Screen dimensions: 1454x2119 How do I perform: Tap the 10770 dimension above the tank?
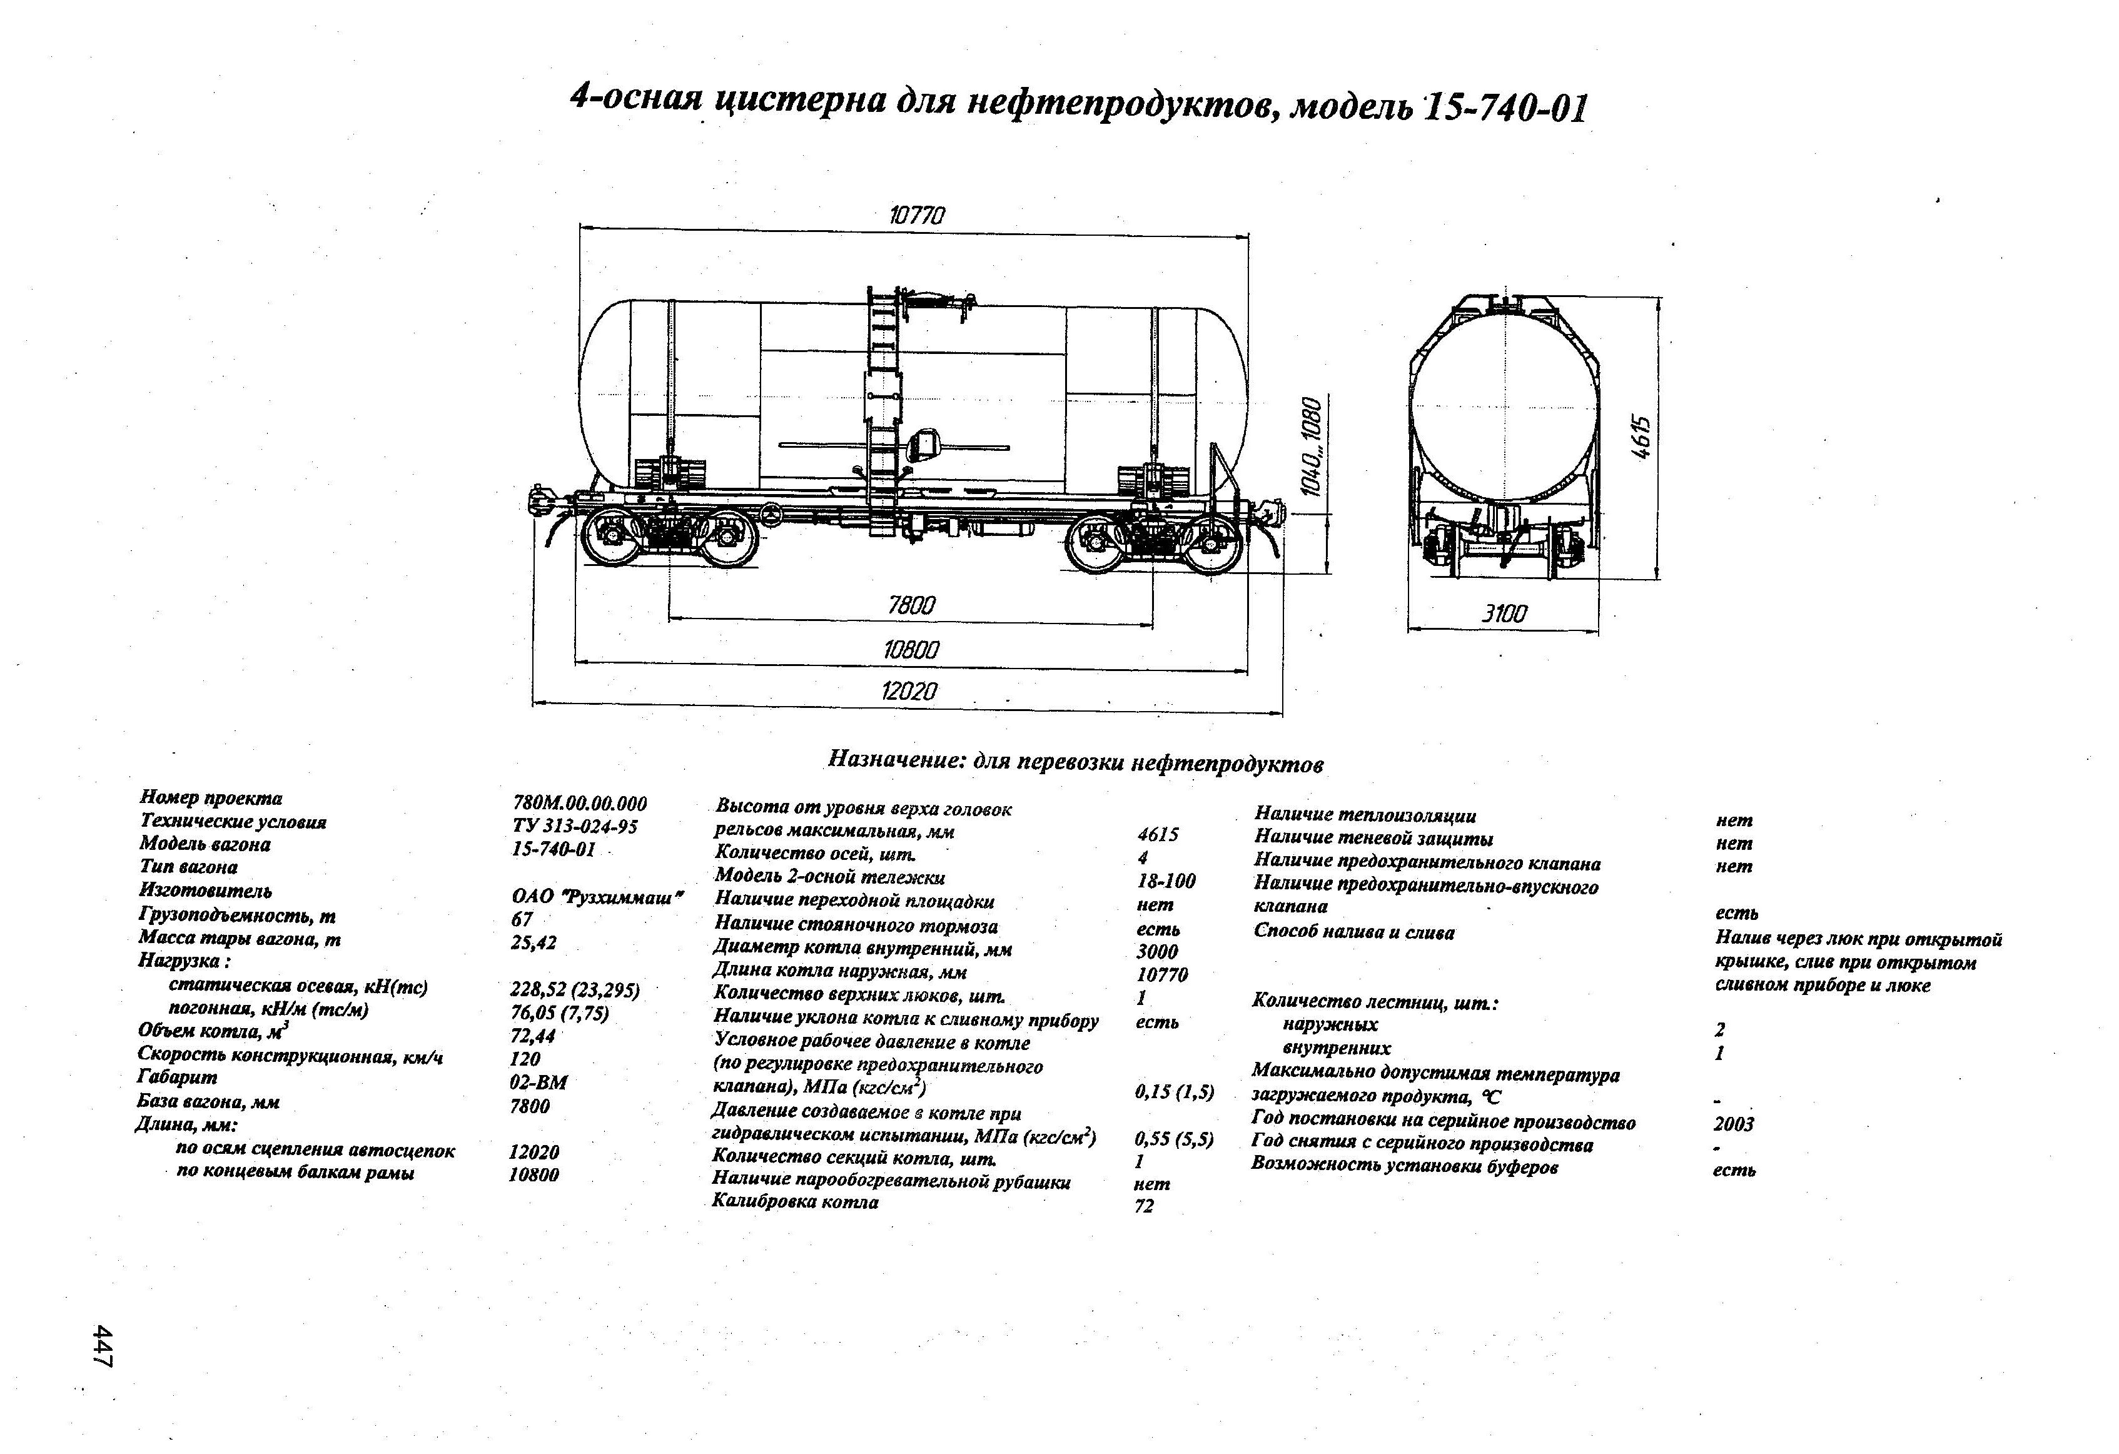(x=916, y=216)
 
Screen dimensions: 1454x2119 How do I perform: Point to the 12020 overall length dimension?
(x=909, y=691)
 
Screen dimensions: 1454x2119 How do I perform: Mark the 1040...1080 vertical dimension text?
(x=1310, y=447)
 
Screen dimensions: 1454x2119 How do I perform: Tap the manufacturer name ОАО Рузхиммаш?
(x=597, y=897)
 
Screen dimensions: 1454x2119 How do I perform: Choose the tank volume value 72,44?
(x=532, y=1036)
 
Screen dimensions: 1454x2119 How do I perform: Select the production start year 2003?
(x=1732, y=1123)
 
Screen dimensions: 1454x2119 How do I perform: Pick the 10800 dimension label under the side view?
(x=911, y=650)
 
